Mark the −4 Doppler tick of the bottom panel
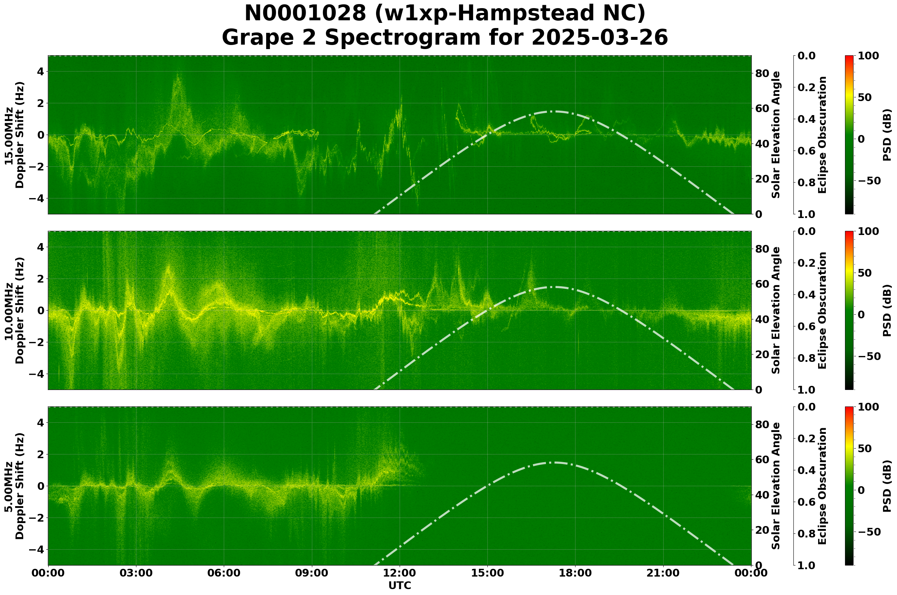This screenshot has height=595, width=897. [37, 550]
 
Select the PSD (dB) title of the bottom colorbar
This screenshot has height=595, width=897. [887, 486]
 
